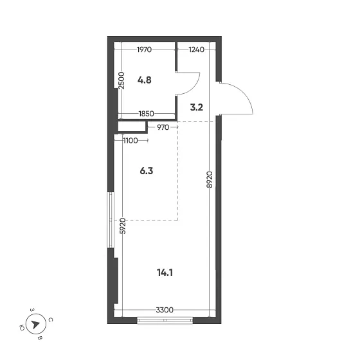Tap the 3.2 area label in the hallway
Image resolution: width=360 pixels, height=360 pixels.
pos(196,107)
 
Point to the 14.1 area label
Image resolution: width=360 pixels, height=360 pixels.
pos(165,272)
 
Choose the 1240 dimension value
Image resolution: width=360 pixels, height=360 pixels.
pos(196,50)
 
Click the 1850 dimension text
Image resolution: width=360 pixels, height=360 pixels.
pos(146,114)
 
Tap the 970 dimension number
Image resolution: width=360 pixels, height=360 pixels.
pos(163,127)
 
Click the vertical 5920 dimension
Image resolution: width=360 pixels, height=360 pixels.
pos(122,228)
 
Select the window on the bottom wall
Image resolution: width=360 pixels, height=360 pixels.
pos(165,319)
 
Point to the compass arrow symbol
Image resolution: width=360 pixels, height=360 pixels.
pos(36,325)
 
